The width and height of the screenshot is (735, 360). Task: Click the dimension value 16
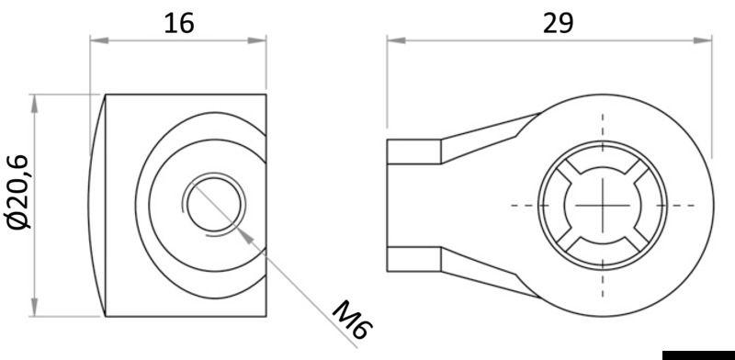pyautogui.click(x=178, y=22)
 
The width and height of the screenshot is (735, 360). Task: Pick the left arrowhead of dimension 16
pyautogui.click(x=96, y=39)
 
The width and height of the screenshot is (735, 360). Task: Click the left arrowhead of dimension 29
pyautogui.click(x=393, y=39)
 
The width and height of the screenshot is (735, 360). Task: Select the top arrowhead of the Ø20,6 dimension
pyautogui.click(x=36, y=100)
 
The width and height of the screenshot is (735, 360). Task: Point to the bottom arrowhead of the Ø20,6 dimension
pyautogui.click(x=36, y=308)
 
